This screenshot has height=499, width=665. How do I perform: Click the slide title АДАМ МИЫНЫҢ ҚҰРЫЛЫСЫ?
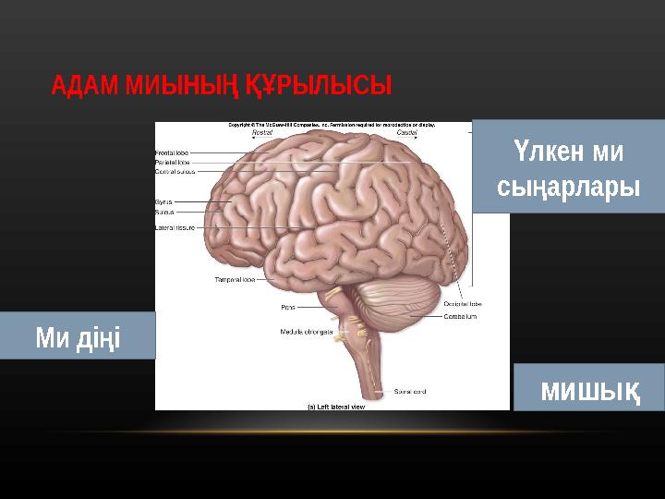pyautogui.click(x=222, y=87)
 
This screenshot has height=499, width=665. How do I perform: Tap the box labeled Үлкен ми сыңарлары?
pyautogui.click(x=568, y=167)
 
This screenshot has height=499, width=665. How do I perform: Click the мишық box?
pyautogui.click(x=588, y=388)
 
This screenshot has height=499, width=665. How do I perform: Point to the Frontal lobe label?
pyautogui.click(x=173, y=152)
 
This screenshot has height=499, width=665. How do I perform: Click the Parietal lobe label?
pyautogui.click(x=173, y=162)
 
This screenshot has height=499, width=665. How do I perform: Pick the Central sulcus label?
pyautogui.click(x=175, y=171)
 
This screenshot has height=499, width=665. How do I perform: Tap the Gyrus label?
pyautogui.click(x=163, y=201)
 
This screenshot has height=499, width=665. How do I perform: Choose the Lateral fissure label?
pyautogui.click(x=174, y=227)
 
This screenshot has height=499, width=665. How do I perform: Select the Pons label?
pyautogui.click(x=288, y=307)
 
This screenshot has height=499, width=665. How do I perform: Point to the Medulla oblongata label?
pyautogui.click(x=306, y=331)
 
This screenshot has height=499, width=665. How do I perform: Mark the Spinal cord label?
pyautogui.click(x=410, y=391)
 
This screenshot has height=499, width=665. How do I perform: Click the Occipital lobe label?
pyautogui.click(x=462, y=303)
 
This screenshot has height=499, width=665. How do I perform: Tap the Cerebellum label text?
pyautogui.click(x=460, y=316)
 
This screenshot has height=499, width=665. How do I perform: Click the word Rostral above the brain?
pyautogui.click(x=262, y=133)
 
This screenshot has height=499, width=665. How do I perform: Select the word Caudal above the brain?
pyautogui.click(x=406, y=133)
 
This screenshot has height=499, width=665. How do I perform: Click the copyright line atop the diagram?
pyautogui.click(x=332, y=124)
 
